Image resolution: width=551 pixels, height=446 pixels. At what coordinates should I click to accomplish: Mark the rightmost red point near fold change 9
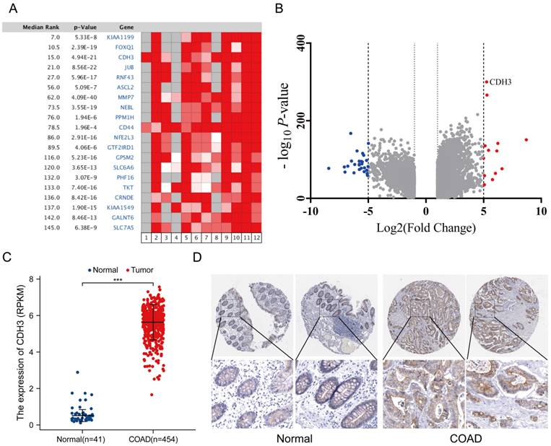(x=526, y=140)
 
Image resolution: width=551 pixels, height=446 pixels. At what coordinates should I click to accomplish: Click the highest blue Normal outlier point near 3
(x=77, y=372)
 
